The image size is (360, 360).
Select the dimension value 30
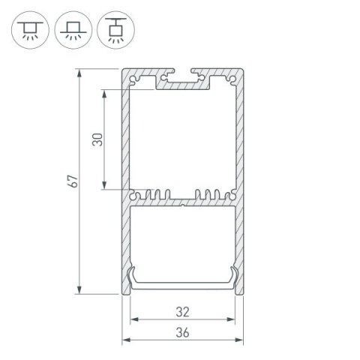[97, 139]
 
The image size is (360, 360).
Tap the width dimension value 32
[184, 308]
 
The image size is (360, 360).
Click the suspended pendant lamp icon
[114, 27]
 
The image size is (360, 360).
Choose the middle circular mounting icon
[70, 27]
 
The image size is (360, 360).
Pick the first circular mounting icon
[27, 27]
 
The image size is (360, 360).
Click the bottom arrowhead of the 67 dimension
[80, 290]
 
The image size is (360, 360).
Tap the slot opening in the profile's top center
[184, 76]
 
